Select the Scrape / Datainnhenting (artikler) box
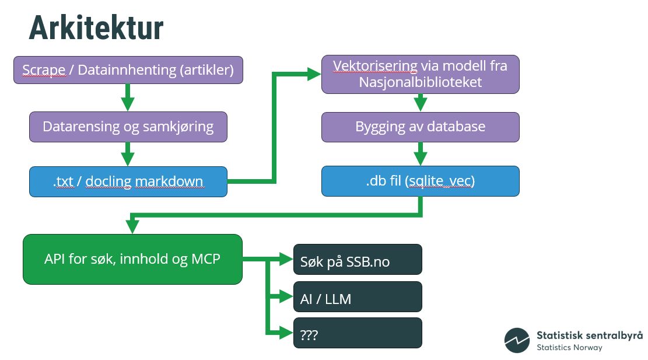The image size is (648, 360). tap(128, 70)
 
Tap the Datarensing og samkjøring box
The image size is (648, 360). tap(128, 127)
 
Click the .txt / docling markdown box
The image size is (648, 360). tap(128, 181)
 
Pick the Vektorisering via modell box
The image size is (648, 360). tap(420, 74)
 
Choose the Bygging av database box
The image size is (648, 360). tap(420, 127)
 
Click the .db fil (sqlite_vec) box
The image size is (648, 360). tap(420, 181)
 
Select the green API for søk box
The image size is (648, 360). tap(132, 259)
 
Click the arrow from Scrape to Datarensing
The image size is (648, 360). tap(128, 97)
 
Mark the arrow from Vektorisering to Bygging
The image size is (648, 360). tap(420, 103)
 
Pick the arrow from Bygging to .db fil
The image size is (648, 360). tap(420, 155)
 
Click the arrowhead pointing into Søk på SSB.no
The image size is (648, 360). tap(287, 260)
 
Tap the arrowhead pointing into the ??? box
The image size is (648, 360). tap(287, 333)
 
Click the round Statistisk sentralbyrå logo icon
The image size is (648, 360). tap(517, 340)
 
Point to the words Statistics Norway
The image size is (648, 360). tap(569, 347)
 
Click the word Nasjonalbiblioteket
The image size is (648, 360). tap(420, 82)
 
